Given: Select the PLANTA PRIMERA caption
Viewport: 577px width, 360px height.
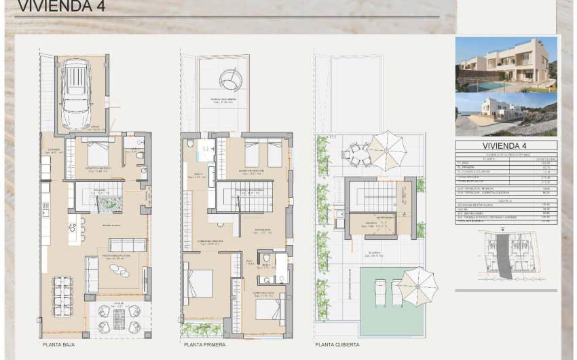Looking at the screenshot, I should [x=205, y=345].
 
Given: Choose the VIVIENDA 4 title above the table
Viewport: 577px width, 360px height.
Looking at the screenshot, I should [x=507, y=145].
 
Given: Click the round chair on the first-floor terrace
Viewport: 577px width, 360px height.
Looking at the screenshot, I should [x=229, y=80].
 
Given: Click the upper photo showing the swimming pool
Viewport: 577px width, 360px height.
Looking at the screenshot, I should [x=506, y=65].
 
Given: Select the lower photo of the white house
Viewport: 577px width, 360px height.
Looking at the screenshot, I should [x=506, y=114].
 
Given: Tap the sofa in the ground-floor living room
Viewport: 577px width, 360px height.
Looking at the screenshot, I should [x=128, y=245].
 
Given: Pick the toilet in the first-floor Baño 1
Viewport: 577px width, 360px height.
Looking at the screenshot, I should [x=190, y=145].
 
